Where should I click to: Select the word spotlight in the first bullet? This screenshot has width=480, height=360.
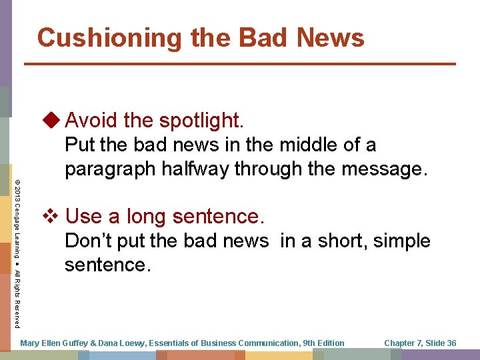[202, 121]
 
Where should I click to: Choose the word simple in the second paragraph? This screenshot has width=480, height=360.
[399, 241]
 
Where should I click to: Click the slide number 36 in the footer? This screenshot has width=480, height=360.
[451, 343]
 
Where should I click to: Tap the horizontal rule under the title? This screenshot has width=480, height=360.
[240, 64]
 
